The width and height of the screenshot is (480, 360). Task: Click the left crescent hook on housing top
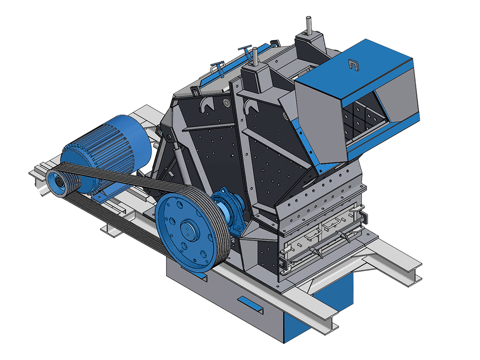pyautogui.click(x=206, y=105)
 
